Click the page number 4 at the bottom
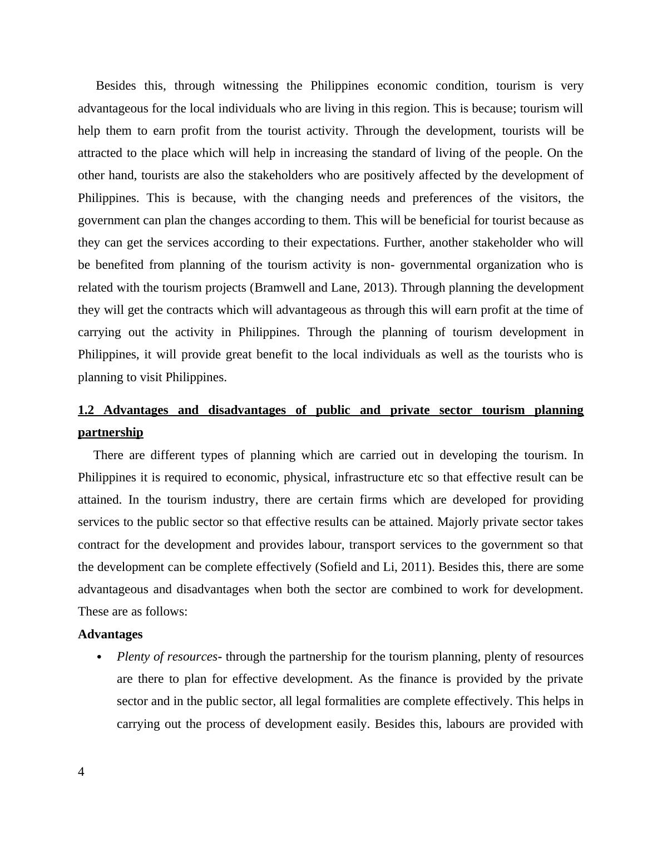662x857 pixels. point(81,772)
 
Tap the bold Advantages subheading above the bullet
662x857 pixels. point(110,634)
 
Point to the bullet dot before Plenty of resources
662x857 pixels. point(100,657)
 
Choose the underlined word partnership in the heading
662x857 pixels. point(111,432)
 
